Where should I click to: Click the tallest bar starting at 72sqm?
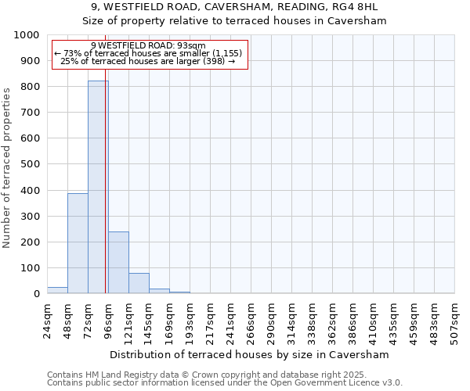pos(98,187)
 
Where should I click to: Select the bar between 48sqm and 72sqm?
pos(78,243)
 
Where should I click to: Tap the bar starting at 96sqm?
pos(118,262)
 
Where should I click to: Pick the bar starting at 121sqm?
pos(139,283)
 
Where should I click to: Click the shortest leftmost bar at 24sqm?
pos(57,290)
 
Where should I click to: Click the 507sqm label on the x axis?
pos(455,320)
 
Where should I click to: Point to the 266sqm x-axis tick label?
pos(251,320)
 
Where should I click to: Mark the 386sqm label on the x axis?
pos(353,320)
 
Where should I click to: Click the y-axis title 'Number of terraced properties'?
pos(7,168)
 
